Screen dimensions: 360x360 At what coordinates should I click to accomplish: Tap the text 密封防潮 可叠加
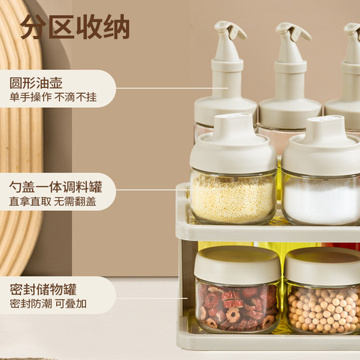point(48,305)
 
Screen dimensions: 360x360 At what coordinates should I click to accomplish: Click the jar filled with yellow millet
point(233,197)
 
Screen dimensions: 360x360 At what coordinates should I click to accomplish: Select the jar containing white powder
point(321,198)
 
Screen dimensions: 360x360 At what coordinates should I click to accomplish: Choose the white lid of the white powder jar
point(322,148)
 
